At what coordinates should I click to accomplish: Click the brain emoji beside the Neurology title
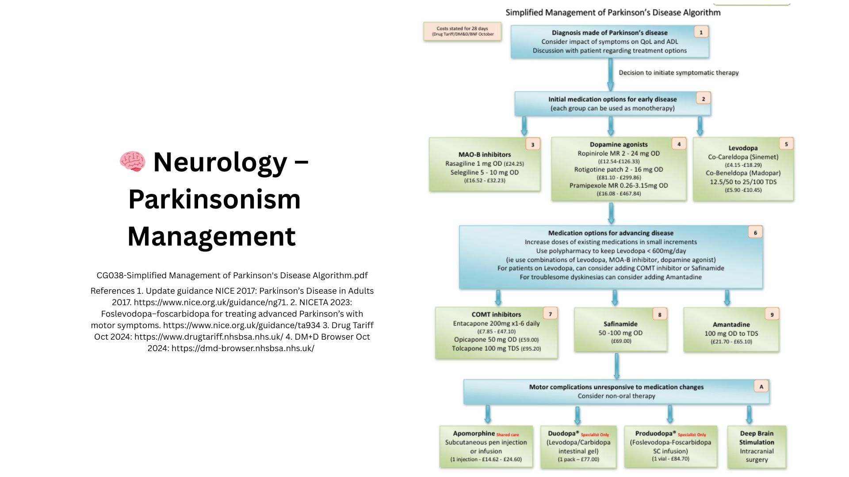132,162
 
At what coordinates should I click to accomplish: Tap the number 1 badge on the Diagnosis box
701,32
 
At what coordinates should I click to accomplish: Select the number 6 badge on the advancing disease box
755,232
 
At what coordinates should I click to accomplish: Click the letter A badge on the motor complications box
761,386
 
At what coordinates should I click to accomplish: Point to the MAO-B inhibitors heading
485,155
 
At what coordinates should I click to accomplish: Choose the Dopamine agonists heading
619,144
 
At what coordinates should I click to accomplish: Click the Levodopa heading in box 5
743,148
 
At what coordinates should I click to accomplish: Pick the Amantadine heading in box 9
731,325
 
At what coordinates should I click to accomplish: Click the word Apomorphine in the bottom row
474,433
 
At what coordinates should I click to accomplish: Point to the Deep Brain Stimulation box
757,447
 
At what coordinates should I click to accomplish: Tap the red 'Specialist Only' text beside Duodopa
595,435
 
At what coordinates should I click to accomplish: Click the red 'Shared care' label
508,435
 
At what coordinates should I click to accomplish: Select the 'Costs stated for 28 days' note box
463,31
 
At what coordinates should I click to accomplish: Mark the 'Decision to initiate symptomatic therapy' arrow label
678,72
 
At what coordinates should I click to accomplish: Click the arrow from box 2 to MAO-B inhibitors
524,126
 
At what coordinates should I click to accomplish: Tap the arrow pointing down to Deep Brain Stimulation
749,415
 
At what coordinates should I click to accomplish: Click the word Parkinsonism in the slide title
214,199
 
